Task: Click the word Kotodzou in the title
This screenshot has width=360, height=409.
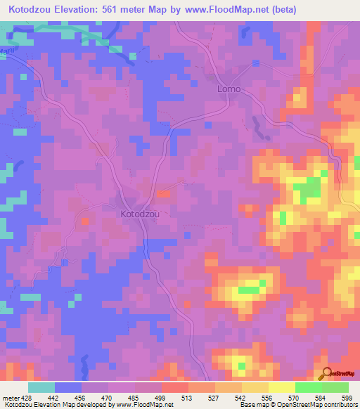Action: point(34,9)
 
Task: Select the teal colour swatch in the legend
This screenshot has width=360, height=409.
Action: point(41,387)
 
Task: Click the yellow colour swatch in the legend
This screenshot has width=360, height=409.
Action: point(282,387)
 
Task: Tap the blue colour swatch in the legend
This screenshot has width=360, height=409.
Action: point(68,387)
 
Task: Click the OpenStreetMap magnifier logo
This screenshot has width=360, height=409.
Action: point(326,373)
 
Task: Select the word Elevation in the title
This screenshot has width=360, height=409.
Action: point(88,9)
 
